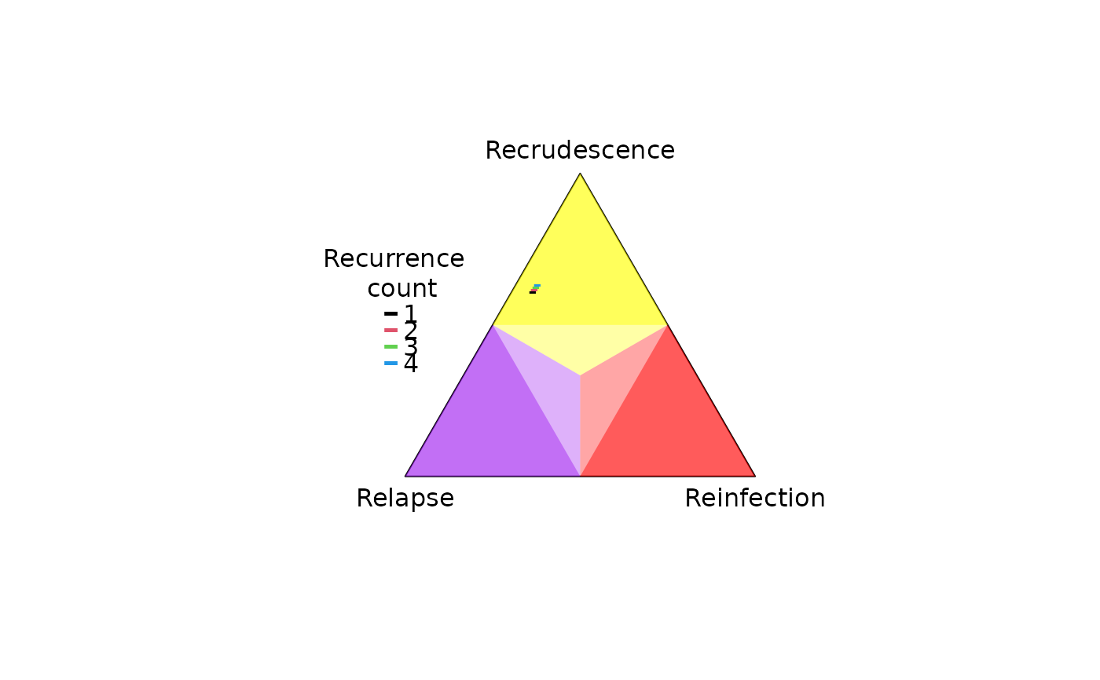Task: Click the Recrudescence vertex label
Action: tap(580, 150)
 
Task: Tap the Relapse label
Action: tap(405, 499)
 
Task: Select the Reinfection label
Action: tap(755, 499)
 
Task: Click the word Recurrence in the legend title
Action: tap(394, 258)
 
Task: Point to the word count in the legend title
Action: tap(401, 288)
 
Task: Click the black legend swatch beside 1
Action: tap(391, 313)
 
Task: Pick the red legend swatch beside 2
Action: tap(391, 331)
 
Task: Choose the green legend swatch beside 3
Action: tap(391, 347)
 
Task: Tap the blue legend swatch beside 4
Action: tap(391, 363)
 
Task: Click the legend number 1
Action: tap(410, 313)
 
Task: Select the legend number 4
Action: tap(410, 364)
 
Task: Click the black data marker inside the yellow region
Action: tap(533, 292)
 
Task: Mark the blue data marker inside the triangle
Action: tap(537, 286)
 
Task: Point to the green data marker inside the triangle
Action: tap(535, 288)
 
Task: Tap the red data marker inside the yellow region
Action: tap(533, 290)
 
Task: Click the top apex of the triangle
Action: tap(580, 174)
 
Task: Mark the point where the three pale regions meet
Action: tap(580, 375)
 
